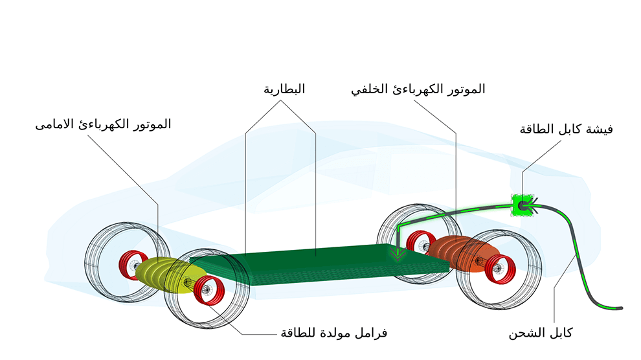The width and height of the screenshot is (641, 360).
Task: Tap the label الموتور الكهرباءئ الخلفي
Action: (418, 89)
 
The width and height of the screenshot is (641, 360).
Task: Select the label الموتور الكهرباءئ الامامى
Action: (103, 124)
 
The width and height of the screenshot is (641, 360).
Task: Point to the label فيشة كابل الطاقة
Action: (566, 129)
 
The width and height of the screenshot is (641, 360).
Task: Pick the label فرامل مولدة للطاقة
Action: (333, 333)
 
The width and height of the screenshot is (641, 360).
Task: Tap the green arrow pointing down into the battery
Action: (398, 254)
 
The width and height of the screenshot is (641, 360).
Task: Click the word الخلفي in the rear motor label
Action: (368, 89)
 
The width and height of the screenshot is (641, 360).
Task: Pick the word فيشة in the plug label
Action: (600, 129)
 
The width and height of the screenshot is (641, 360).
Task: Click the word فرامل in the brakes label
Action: (374, 333)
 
